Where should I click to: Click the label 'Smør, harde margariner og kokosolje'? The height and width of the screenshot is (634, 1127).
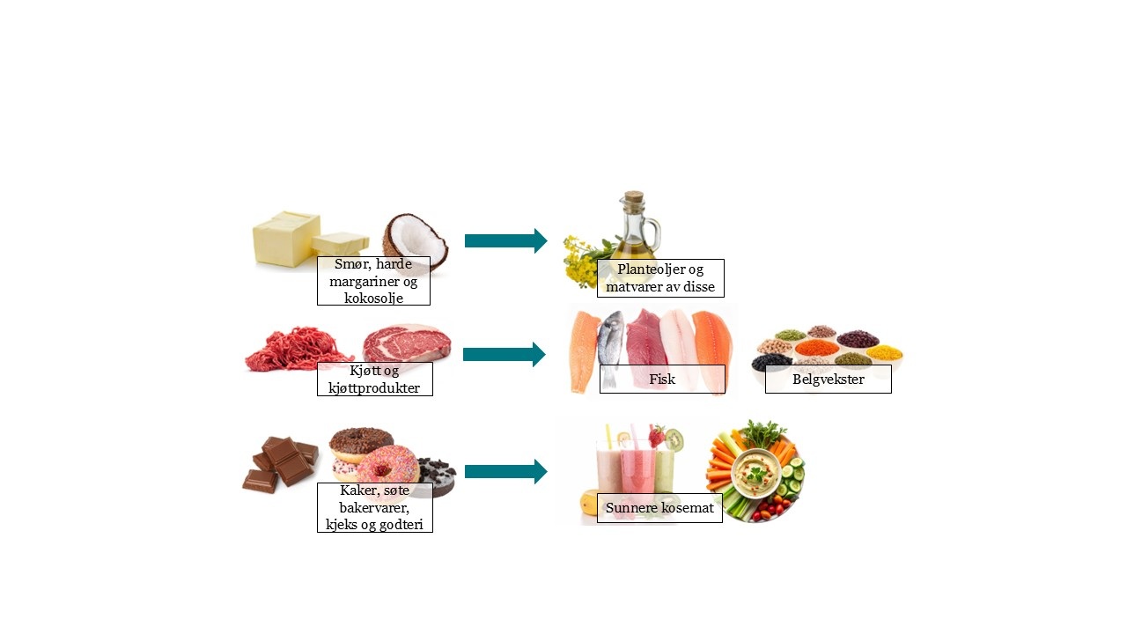pyautogui.click(x=373, y=281)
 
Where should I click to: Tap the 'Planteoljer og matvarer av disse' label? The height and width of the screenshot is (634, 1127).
pyautogui.click(x=660, y=278)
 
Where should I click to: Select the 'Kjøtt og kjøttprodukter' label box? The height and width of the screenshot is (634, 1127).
pyautogui.click(x=374, y=379)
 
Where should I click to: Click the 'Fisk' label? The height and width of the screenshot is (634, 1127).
pyautogui.click(x=662, y=379)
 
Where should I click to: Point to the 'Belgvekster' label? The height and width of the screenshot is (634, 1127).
pyautogui.click(x=829, y=379)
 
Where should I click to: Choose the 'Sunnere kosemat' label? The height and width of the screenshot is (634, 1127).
pyautogui.click(x=659, y=508)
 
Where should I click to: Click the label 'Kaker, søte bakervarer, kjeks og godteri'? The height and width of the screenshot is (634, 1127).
pyautogui.click(x=374, y=507)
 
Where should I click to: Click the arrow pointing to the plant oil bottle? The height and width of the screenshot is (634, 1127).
pyautogui.click(x=505, y=240)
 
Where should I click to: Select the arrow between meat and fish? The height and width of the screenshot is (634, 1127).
pyautogui.click(x=505, y=354)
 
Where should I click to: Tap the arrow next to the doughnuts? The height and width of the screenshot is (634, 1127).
pyautogui.click(x=505, y=471)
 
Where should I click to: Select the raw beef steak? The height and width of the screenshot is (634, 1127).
pyautogui.click(x=407, y=343)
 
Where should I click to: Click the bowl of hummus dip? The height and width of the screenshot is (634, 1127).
pyautogui.click(x=755, y=473)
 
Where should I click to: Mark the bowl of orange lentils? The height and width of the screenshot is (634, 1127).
pyautogui.click(x=816, y=348)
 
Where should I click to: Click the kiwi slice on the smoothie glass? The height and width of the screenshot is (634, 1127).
pyautogui.click(x=674, y=439)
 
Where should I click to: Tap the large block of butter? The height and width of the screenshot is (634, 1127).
pyautogui.click(x=287, y=238)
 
